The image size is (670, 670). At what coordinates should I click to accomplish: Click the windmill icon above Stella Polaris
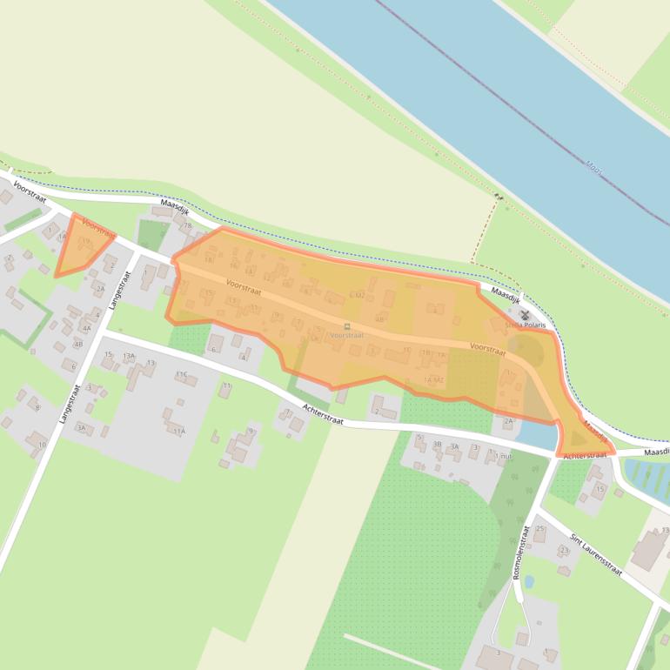[x=525, y=314]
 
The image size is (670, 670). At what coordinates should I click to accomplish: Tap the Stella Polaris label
[x=525, y=325]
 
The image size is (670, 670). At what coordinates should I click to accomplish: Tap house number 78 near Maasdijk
[x=186, y=226]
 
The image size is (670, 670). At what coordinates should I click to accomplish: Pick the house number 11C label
[x=181, y=374]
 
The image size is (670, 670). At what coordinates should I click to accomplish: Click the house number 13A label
[x=129, y=356]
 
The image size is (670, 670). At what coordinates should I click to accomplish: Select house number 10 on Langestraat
[x=42, y=445]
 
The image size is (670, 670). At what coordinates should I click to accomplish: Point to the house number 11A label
[x=179, y=431]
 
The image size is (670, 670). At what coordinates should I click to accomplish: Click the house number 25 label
[x=539, y=528]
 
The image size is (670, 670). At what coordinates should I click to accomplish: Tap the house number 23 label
[x=564, y=550]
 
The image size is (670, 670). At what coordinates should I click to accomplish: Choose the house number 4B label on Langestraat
[x=78, y=344]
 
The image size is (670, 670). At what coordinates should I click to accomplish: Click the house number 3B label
[x=438, y=445]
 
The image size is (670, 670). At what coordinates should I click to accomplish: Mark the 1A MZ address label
[x=433, y=380]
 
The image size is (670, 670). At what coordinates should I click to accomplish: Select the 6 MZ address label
[x=356, y=296]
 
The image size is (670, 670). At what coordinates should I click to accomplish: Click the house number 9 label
[x=251, y=431]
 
